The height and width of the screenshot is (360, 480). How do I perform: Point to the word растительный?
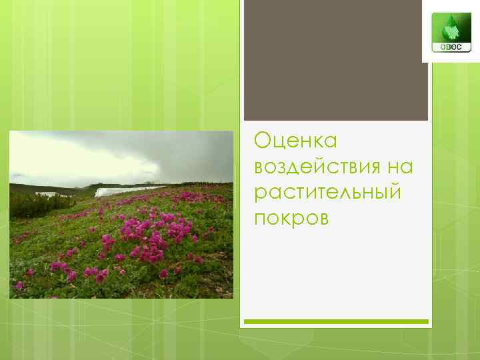tap(327, 193)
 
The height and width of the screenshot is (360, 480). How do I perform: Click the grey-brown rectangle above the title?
tap(335, 60)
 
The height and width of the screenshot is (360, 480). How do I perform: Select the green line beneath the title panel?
tap(335, 321)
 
